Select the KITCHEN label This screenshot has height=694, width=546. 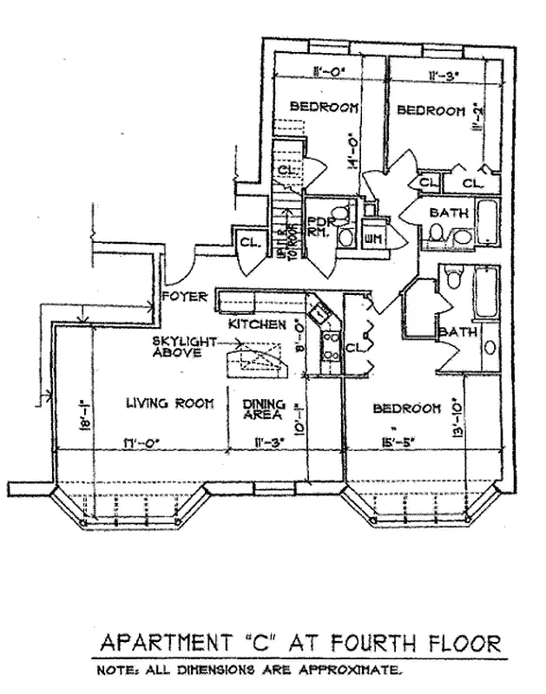point(257,324)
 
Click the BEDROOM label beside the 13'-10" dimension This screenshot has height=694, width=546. point(403,408)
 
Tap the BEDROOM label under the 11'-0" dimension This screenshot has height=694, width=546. point(324,107)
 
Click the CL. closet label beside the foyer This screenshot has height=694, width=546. point(248,242)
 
